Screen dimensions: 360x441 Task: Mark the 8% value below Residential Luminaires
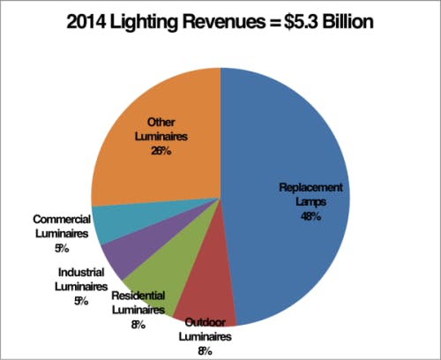138,324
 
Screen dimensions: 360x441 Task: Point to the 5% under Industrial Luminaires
82,301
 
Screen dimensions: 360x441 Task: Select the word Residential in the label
138,297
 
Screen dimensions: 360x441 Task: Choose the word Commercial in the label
69,219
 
